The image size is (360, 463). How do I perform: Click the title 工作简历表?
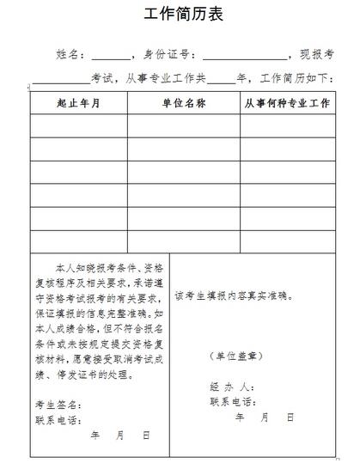pos(180,16)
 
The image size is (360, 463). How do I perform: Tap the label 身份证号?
pos(174,54)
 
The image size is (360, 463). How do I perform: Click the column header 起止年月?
pos(79,104)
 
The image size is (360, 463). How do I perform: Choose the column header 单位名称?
pos(183,104)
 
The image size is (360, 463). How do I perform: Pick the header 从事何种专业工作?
pos(286,104)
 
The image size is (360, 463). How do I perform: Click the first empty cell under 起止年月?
pos(79,126)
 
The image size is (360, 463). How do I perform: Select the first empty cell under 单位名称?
pos(183,126)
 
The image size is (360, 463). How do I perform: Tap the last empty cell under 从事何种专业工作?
pos(286,241)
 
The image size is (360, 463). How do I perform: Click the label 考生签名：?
pos(58,403)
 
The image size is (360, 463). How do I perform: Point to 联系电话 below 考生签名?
pos(58,420)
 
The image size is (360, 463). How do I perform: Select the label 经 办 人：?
pos(230,386)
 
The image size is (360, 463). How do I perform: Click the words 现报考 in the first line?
pos(315,54)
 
